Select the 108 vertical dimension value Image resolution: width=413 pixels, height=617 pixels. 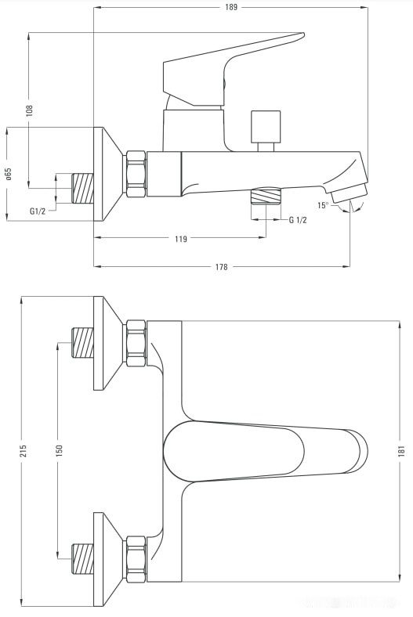point(30,110)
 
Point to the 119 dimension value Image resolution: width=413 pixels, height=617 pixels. point(180,239)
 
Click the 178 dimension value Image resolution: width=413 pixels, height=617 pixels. point(221,267)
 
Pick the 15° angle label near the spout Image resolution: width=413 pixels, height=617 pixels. point(322,206)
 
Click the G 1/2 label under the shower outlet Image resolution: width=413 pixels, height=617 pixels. point(298,220)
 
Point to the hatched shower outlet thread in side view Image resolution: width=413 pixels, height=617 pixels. point(265,196)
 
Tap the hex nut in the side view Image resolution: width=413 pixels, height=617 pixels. point(135,174)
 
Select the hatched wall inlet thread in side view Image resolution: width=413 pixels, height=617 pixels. point(82,187)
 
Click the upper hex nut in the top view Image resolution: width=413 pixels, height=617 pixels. point(136,343)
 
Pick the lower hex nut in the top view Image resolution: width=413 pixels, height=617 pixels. point(136,559)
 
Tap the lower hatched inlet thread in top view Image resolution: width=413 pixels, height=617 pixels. point(82,559)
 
